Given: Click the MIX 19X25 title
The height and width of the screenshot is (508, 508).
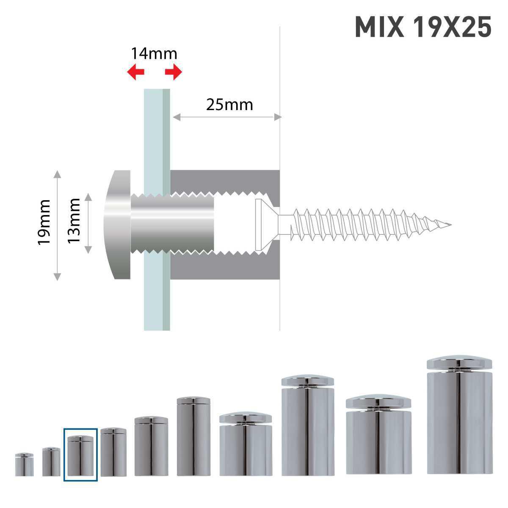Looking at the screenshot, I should (x=422, y=28).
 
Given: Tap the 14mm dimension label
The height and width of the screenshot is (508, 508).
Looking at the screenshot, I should (x=154, y=54).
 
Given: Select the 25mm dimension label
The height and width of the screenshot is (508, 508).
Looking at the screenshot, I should (x=229, y=104).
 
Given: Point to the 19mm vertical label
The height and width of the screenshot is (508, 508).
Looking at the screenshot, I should (x=44, y=222).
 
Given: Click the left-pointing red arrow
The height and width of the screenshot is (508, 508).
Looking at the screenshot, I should (x=136, y=72).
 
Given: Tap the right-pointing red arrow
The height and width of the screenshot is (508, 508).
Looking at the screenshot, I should (x=174, y=72).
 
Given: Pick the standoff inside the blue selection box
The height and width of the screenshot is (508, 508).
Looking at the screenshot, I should (x=80, y=455).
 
